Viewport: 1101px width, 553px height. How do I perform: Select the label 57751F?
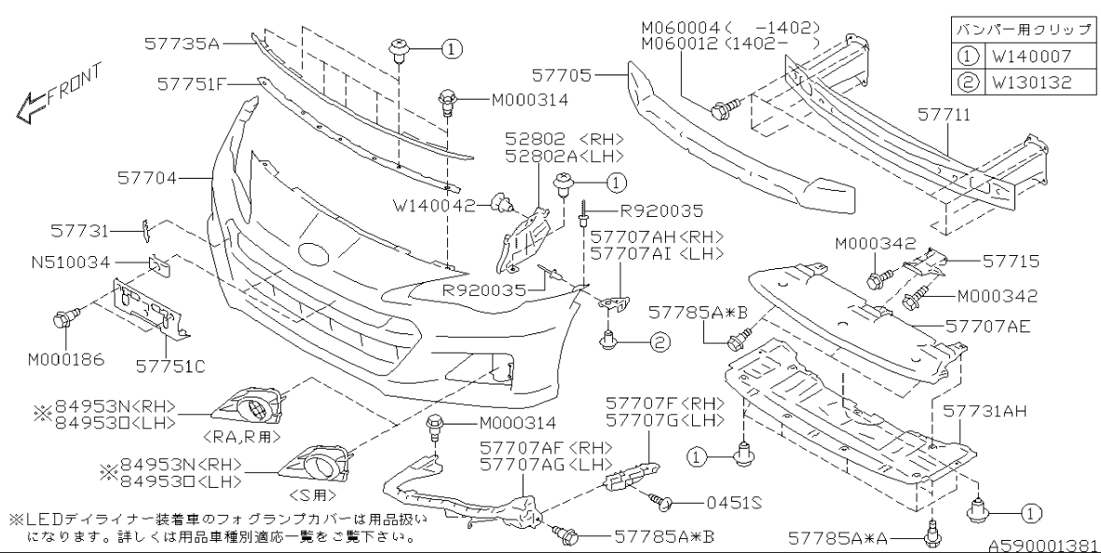[192, 83]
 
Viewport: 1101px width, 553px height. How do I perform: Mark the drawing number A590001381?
[1036, 545]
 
